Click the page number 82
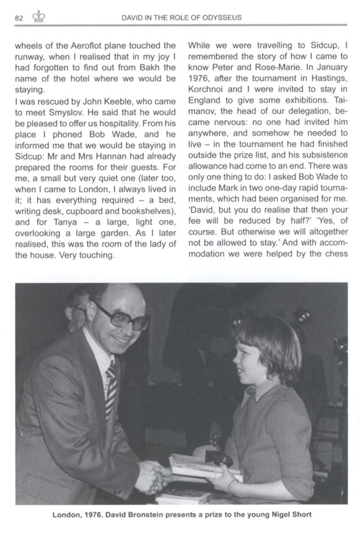click(x=19, y=18)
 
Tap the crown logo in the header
click(x=39, y=17)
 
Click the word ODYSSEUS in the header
click(x=222, y=18)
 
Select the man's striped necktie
click(x=111, y=388)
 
